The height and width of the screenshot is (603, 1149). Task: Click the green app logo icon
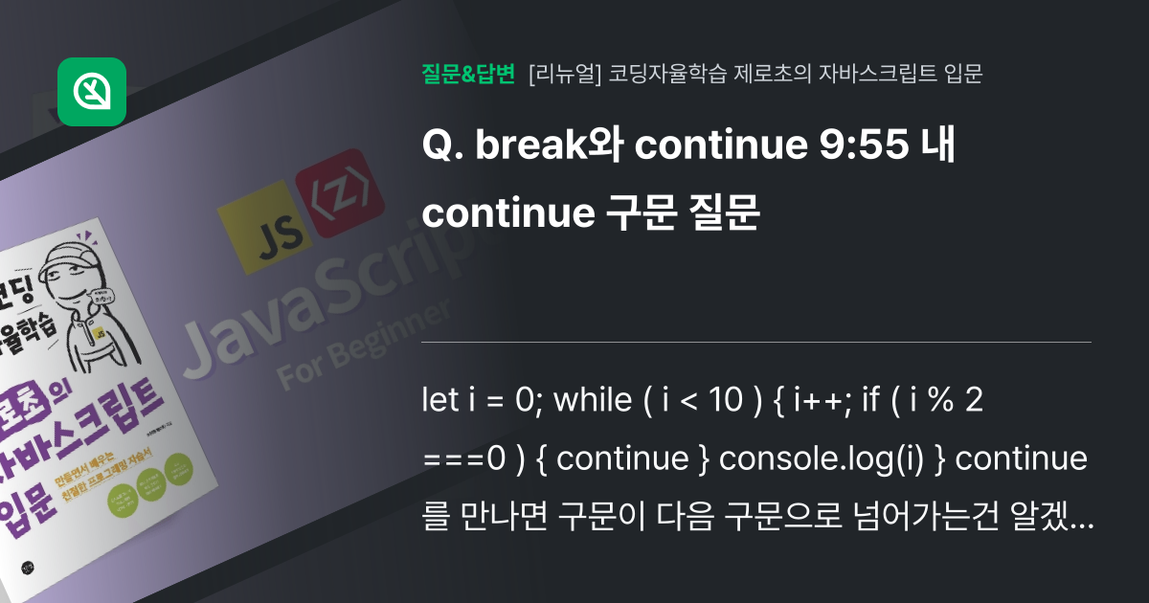click(x=92, y=92)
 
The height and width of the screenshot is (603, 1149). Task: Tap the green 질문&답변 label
click(x=468, y=73)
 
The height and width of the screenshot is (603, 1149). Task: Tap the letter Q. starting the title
click(x=441, y=148)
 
